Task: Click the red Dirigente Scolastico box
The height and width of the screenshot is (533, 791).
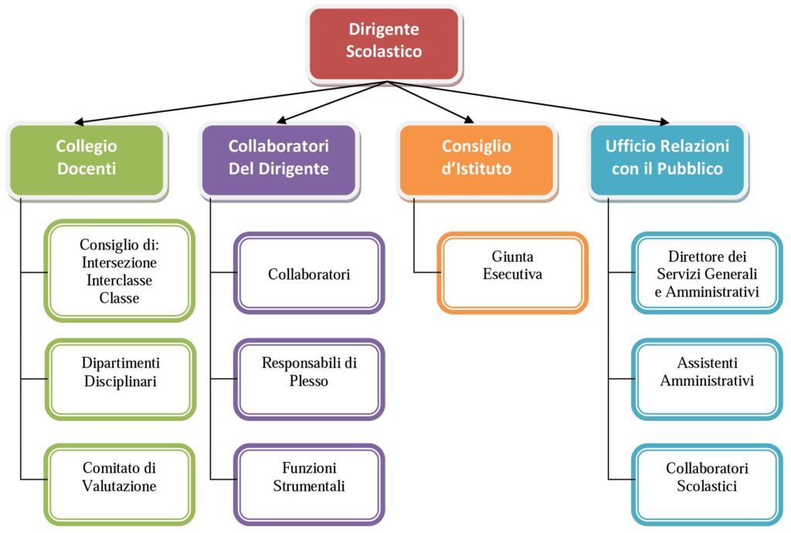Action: click(384, 41)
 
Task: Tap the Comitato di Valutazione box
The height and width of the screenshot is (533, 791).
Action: click(119, 477)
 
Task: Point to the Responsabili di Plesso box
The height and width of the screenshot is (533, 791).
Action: click(309, 371)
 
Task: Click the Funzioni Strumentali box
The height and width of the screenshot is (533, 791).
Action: click(309, 477)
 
